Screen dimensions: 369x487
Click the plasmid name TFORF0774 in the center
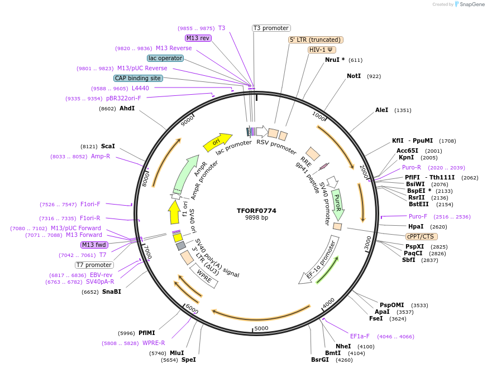pos(256,211)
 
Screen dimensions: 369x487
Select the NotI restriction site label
pos(354,76)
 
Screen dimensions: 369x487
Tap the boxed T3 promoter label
pos(271,28)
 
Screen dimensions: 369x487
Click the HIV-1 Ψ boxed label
pos(322,50)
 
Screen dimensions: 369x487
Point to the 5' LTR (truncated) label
pos(316,40)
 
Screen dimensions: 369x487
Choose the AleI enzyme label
pos(381,110)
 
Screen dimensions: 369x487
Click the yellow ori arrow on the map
pos(217,143)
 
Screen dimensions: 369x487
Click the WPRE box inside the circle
pos(202,275)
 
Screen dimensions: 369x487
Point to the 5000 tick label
pos(261,328)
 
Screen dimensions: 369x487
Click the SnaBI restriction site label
pos(111,292)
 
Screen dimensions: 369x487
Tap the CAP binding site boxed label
pos(138,79)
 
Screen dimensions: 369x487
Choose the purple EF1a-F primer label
pos(360,336)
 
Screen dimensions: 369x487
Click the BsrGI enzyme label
pos(321,360)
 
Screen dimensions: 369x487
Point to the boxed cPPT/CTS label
pos(419,236)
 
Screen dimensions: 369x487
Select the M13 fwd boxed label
pos(94,245)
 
